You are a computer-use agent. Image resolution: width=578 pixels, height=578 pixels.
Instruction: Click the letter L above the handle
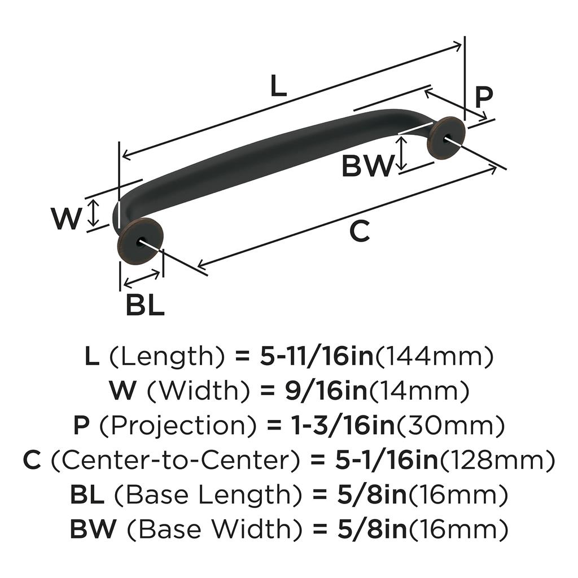click(278, 86)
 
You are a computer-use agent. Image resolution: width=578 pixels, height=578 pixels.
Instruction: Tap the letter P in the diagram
click(483, 98)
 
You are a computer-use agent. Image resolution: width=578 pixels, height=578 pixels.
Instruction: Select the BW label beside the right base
click(367, 166)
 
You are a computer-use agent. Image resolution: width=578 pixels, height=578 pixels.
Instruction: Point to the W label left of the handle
click(67, 218)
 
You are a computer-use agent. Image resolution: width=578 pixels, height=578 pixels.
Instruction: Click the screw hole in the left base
click(139, 242)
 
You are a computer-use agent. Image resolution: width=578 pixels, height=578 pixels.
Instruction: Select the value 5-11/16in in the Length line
click(317, 357)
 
